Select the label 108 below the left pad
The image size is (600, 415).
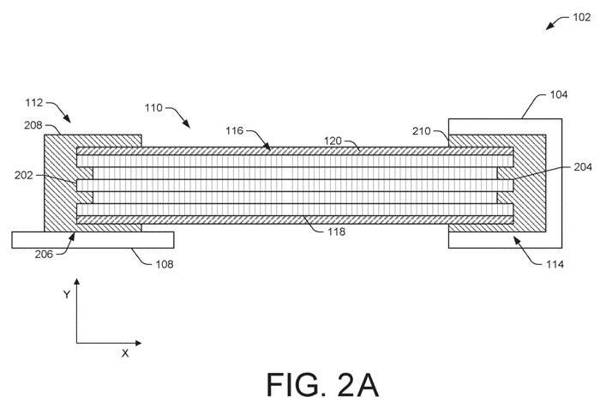tap(163, 264)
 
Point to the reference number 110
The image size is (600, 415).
tap(155, 109)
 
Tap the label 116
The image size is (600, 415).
tap(235, 131)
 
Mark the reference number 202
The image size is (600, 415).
tap(25, 176)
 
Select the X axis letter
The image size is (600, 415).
tap(125, 352)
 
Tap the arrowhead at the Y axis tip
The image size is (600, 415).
tap(77, 282)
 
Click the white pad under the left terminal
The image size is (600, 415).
tap(93, 239)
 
